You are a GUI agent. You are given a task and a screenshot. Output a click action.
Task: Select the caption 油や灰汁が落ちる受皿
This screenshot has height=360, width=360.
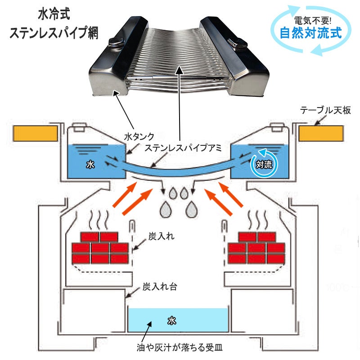pos(180,347)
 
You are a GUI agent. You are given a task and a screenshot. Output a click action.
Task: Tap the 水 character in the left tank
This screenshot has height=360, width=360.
pos(90,165)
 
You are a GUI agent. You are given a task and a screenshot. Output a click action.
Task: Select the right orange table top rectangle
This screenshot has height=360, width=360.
pos(321,133)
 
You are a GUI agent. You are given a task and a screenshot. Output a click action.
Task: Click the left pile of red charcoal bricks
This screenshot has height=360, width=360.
pos(100,248)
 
